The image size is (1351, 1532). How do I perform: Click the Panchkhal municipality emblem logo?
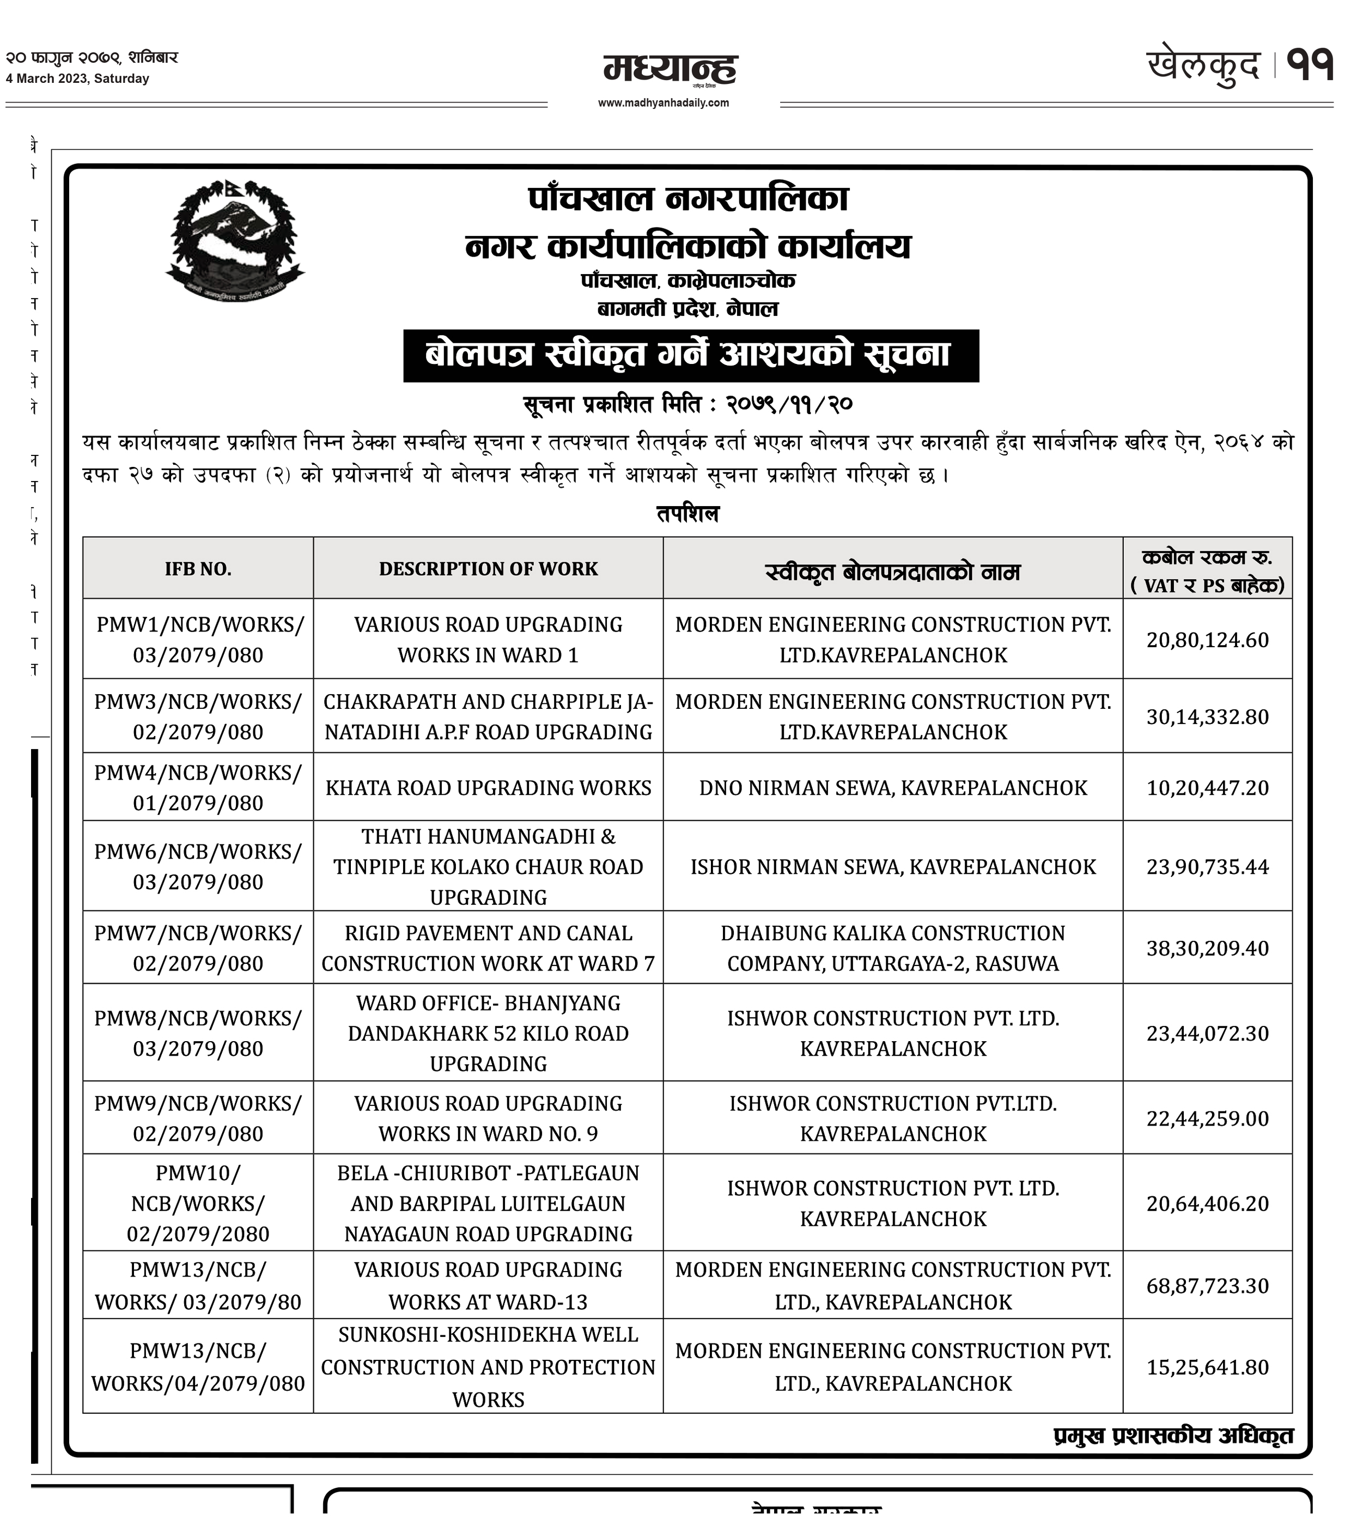click(x=235, y=241)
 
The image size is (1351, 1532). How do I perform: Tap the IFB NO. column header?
click(x=198, y=569)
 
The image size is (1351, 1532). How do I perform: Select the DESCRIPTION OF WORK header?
click(x=488, y=569)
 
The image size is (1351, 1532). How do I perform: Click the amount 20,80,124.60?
click(x=1207, y=640)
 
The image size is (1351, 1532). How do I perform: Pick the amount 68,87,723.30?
click(x=1207, y=1286)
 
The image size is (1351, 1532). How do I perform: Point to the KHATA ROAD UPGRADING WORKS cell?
click(x=488, y=788)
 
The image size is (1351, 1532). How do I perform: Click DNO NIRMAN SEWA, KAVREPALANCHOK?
click(x=892, y=788)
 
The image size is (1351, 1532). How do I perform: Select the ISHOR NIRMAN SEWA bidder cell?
click(x=892, y=867)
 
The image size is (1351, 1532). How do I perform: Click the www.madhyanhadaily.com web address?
click(x=663, y=102)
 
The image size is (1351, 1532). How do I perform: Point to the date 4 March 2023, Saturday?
click(x=77, y=78)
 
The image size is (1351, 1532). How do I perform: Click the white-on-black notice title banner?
click(x=690, y=355)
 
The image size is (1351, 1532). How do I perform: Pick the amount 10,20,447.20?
click(x=1207, y=788)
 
